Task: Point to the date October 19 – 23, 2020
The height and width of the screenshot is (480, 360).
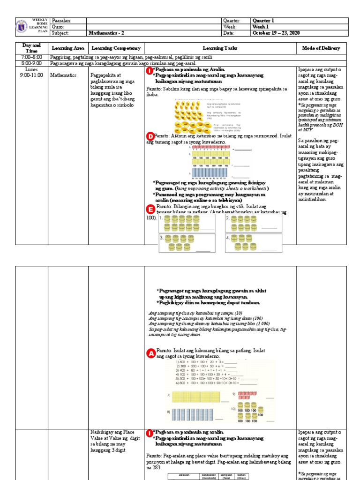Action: click(x=276, y=33)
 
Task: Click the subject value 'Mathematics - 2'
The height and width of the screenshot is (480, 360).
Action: click(x=108, y=33)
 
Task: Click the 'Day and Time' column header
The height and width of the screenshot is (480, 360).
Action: click(x=32, y=48)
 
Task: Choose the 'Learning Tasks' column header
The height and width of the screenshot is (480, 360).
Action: click(x=220, y=48)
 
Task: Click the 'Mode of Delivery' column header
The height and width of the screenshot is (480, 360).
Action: click(x=322, y=48)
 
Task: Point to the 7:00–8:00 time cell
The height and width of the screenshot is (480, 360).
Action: click(x=32, y=57)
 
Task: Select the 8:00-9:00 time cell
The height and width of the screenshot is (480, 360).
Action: click(x=32, y=63)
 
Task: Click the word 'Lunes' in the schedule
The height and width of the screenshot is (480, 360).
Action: click(x=32, y=69)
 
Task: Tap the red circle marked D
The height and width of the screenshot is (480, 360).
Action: click(x=150, y=136)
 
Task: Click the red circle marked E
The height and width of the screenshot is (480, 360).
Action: click(x=150, y=209)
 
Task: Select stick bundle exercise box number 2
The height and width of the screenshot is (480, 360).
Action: click(x=253, y=223)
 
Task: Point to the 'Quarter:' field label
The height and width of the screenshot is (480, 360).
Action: click(x=233, y=21)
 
